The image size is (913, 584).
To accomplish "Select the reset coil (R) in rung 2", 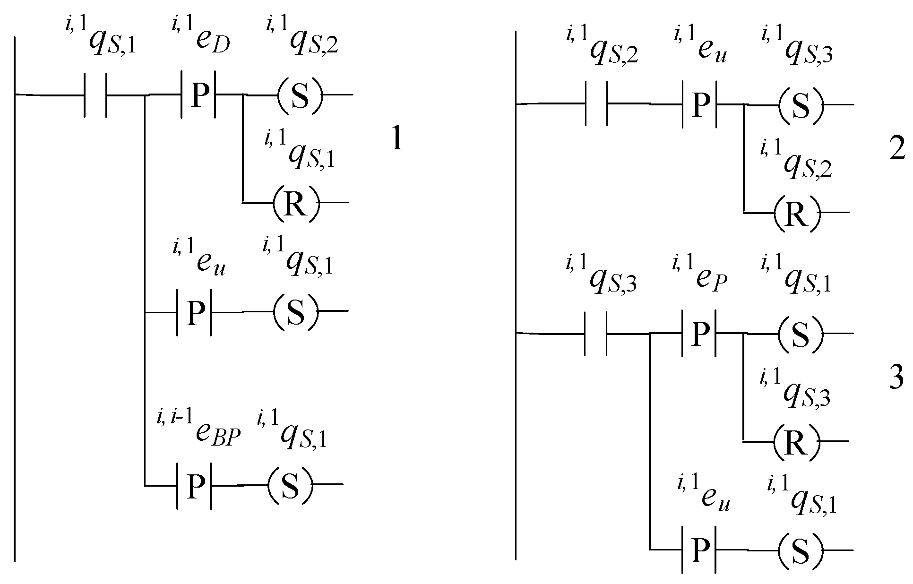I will point(797,213).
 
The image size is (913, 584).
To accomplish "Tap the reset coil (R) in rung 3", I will point(796,441).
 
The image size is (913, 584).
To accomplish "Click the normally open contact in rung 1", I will point(95,95).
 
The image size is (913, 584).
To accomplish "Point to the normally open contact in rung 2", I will point(596,104).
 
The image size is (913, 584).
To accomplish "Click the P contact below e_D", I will point(198,95).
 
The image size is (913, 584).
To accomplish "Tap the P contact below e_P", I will point(699,334).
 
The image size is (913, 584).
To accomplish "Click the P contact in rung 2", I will point(700,104).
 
